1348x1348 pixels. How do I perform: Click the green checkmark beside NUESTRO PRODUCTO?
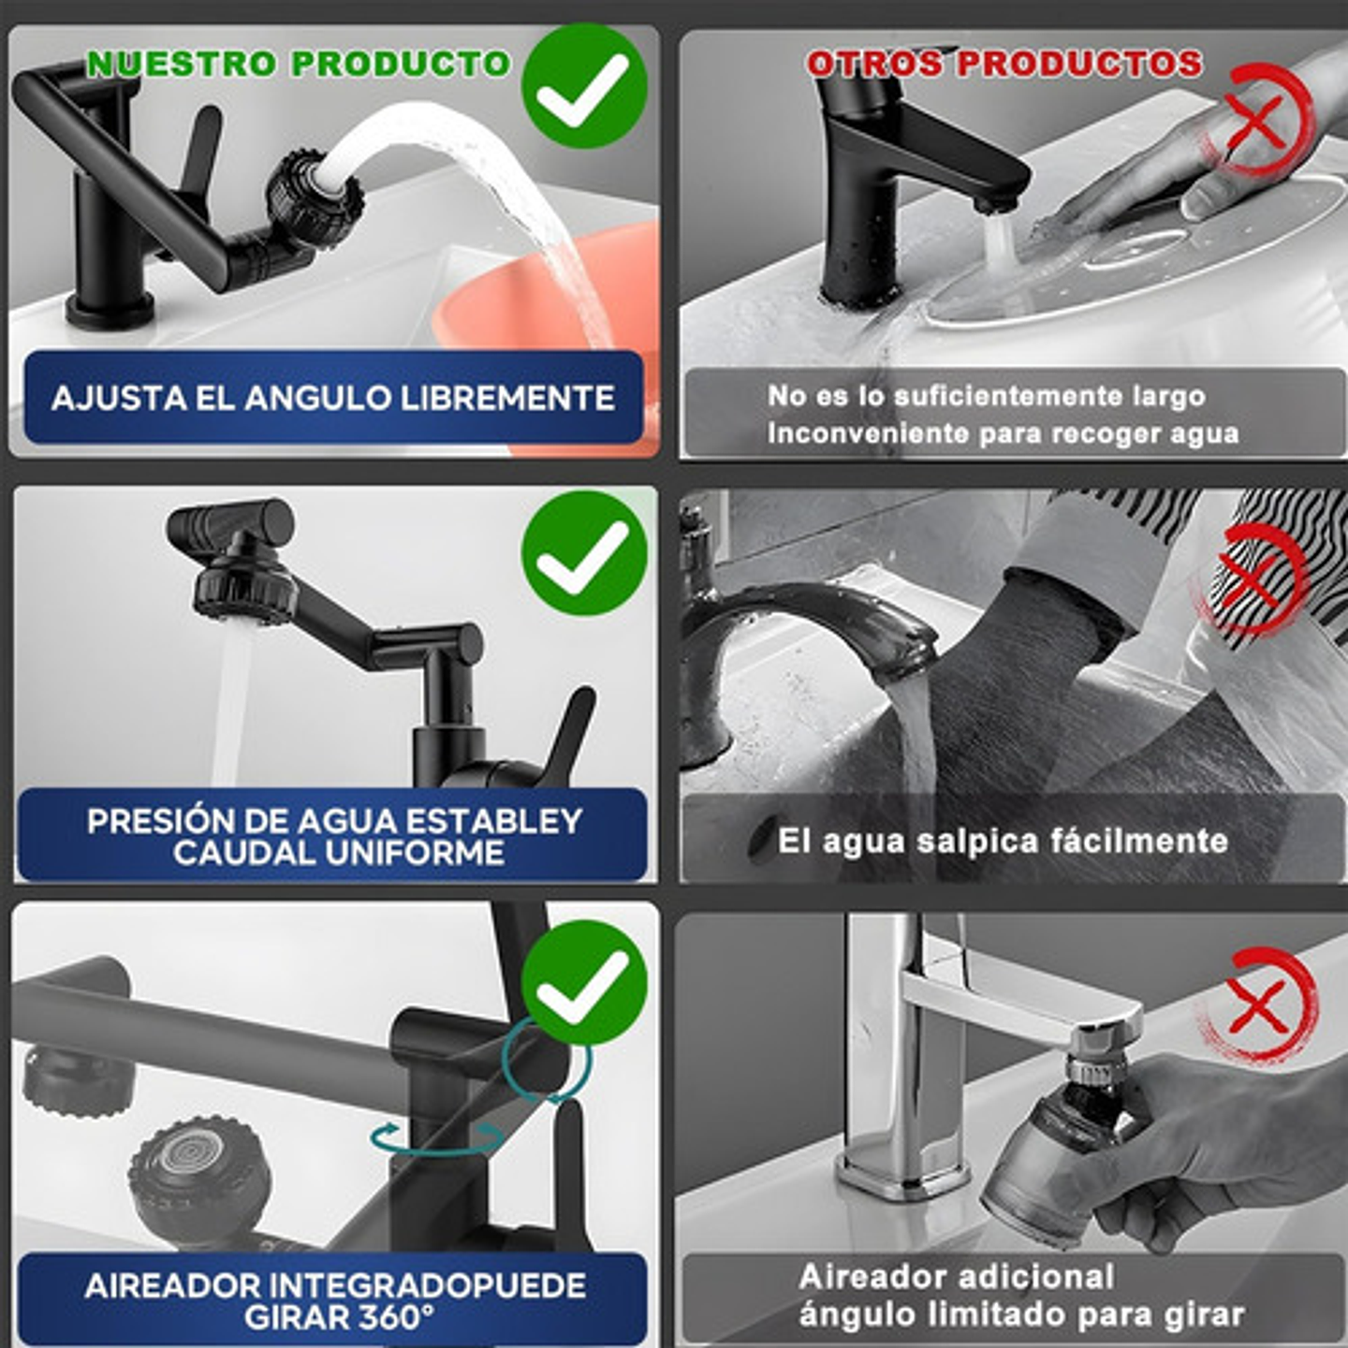tap(584, 86)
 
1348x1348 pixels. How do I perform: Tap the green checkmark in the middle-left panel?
tap(584, 554)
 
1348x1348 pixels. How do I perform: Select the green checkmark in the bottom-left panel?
tap(584, 983)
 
